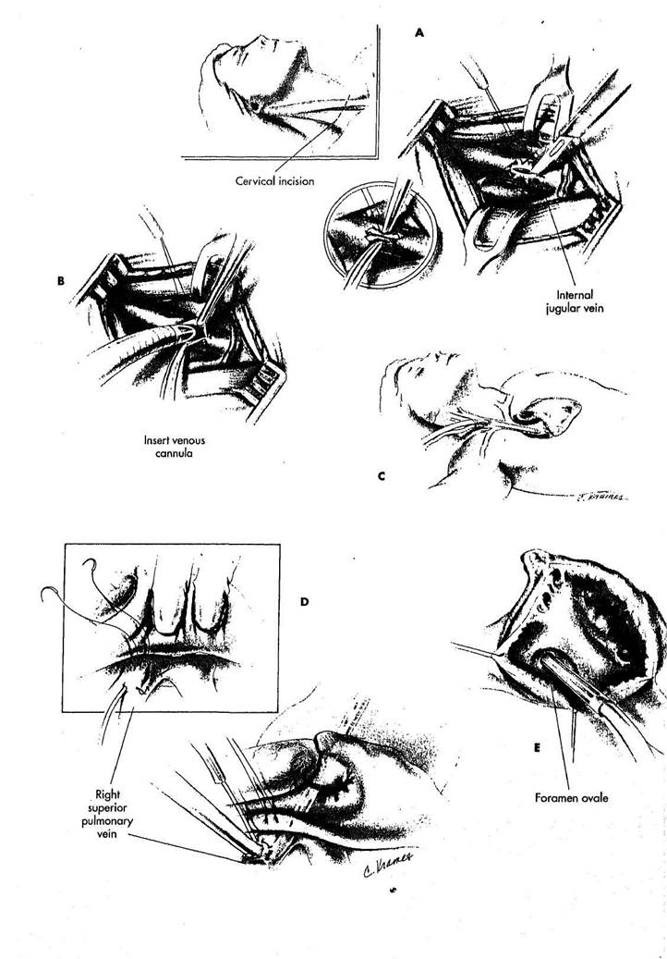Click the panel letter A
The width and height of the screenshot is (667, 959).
point(418,33)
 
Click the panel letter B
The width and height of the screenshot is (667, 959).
point(60,282)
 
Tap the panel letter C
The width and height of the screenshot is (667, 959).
point(382,476)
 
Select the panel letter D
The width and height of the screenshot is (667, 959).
point(304,602)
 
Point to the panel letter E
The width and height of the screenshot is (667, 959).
point(537,747)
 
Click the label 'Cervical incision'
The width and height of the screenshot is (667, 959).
point(275,181)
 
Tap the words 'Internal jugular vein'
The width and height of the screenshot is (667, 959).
point(575,302)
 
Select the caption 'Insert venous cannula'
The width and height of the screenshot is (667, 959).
point(175,447)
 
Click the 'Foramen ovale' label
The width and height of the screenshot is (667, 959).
point(572,797)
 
